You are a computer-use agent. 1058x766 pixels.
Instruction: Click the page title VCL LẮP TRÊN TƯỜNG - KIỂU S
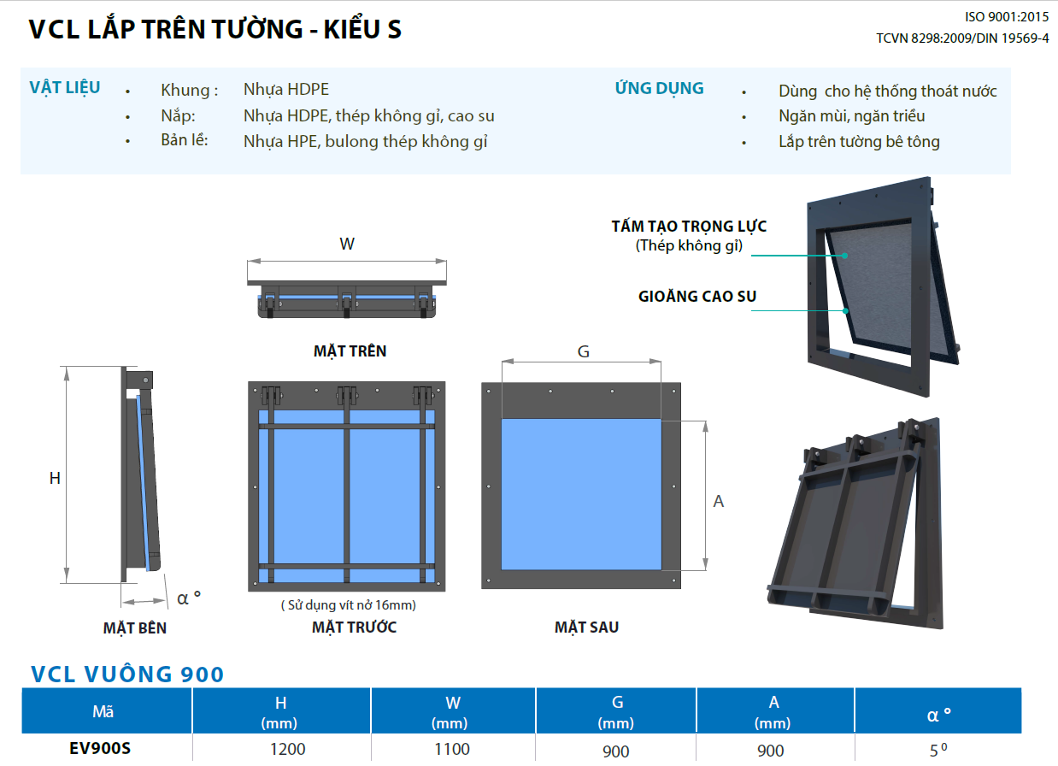pos(215,30)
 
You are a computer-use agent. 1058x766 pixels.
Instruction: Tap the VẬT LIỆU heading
pos(65,87)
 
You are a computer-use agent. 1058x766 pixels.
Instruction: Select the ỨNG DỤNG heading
pos(659,88)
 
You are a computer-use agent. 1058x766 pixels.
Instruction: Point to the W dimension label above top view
pos(346,244)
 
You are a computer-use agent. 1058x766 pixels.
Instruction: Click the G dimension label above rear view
pos(584,351)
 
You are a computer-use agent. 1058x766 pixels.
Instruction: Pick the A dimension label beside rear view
pos(719,501)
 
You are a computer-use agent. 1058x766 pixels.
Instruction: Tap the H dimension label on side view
pos(55,478)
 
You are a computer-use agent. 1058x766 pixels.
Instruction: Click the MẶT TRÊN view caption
pos(350,351)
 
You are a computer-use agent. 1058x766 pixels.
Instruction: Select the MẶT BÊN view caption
pos(135,628)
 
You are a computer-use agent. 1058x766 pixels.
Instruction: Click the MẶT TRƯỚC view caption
pos(354,628)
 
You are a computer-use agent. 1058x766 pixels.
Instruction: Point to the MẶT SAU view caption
pos(586,628)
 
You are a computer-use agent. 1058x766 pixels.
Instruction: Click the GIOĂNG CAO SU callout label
pos(697,297)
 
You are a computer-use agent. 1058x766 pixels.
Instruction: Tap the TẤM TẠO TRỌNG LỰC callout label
pos(689,227)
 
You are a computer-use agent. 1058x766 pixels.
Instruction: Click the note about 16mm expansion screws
pos(349,605)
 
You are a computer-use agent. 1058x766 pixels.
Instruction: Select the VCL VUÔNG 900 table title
pos(127,675)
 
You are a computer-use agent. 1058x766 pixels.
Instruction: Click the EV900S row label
pos(100,749)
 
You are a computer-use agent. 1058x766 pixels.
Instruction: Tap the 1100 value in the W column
pos(452,749)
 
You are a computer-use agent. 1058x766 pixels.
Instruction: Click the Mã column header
pos(103,711)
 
